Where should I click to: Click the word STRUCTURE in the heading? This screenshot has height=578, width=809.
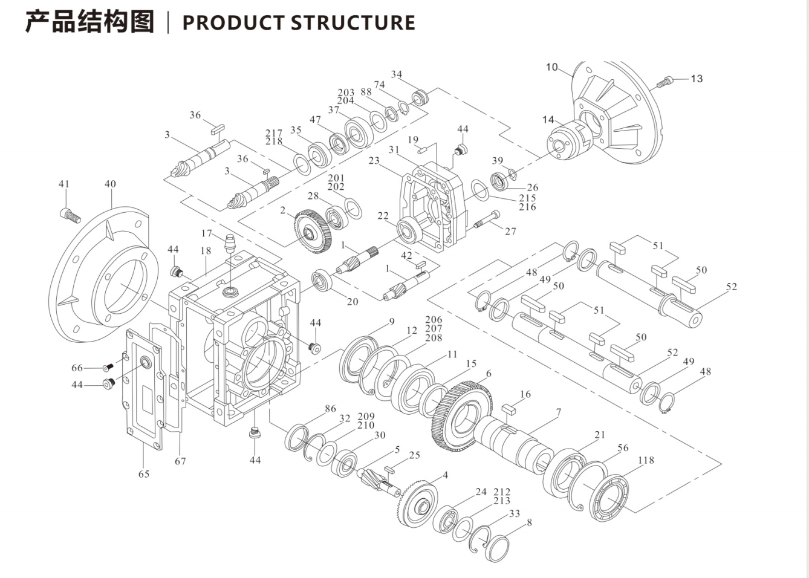(x=353, y=22)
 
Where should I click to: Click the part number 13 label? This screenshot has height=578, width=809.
(x=697, y=79)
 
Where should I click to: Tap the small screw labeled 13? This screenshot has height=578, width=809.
(x=664, y=81)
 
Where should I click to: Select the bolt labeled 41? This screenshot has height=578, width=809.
(x=70, y=214)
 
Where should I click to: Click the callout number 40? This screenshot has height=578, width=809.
(x=110, y=184)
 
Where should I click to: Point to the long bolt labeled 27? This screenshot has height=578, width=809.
(x=487, y=220)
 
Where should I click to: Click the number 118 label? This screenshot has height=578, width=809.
(x=646, y=460)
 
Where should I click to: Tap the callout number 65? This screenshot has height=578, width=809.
(x=143, y=473)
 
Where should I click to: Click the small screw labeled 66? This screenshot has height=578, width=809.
(x=108, y=367)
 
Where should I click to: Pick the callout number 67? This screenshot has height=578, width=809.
(x=180, y=461)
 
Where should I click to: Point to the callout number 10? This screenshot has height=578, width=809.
(x=551, y=67)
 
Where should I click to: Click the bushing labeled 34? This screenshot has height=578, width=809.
(x=420, y=96)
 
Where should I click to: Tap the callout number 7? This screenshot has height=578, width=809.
(x=558, y=412)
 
